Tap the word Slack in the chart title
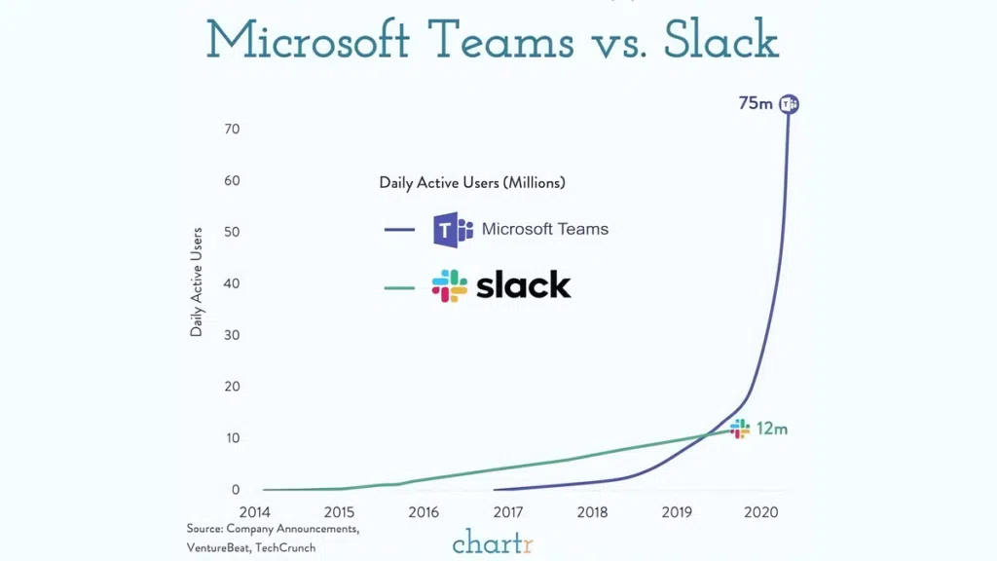(x=722, y=41)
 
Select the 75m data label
(x=756, y=103)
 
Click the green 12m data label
(x=772, y=429)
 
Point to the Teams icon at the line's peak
(x=790, y=104)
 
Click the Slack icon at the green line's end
(x=741, y=429)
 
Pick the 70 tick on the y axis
(x=232, y=130)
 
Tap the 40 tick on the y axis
(x=232, y=283)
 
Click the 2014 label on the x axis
(x=255, y=512)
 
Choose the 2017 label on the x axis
(x=507, y=512)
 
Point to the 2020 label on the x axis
(x=761, y=512)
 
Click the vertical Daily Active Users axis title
(x=197, y=282)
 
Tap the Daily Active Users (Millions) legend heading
(x=472, y=182)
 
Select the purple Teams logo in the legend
(x=452, y=230)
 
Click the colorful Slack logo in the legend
(x=450, y=286)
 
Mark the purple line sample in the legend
(x=400, y=230)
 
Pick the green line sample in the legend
(x=400, y=287)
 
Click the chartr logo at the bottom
(x=493, y=542)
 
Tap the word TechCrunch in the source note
(x=284, y=547)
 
